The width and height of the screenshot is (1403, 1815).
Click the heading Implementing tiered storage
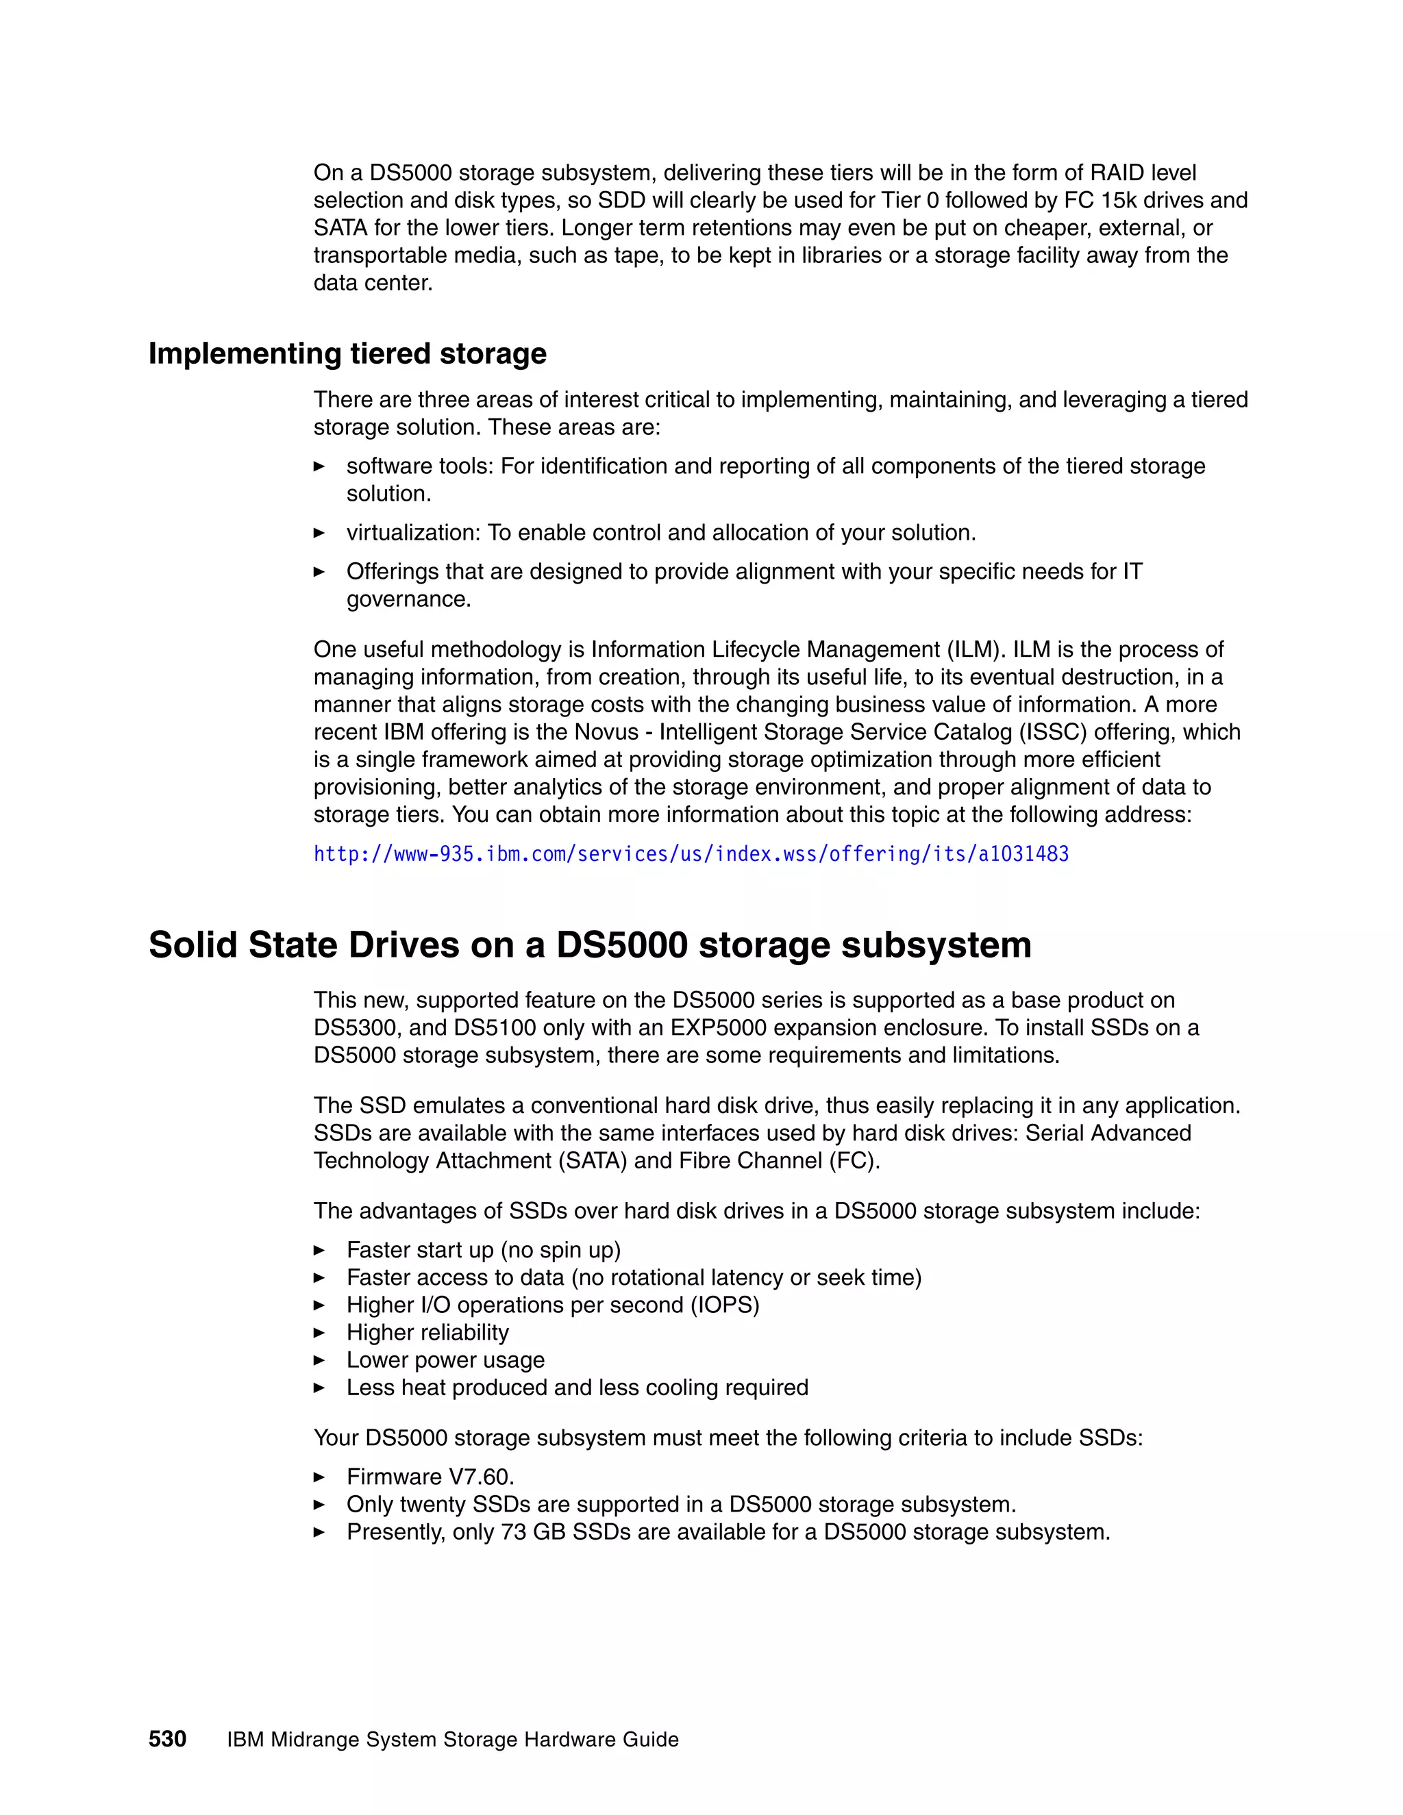(x=347, y=354)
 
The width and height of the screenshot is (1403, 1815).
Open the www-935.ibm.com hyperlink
(x=691, y=854)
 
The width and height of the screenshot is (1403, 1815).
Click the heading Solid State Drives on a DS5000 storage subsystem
(x=589, y=945)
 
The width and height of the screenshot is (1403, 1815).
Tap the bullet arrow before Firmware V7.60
(x=319, y=1477)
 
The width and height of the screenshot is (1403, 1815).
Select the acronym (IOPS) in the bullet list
(x=725, y=1305)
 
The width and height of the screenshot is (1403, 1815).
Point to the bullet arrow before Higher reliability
(x=319, y=1333)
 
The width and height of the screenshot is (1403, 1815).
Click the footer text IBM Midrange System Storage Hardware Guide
(x=452, y=1740)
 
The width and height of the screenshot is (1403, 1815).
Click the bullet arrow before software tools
(x=319, y=466)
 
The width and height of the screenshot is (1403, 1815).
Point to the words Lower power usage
(x=445, y=1360)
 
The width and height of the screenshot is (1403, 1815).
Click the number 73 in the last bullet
(x=513, y=1531)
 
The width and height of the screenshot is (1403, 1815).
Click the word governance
(x=408, y=599)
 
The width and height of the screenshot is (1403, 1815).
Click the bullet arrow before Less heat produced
(x=319, y=1388)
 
